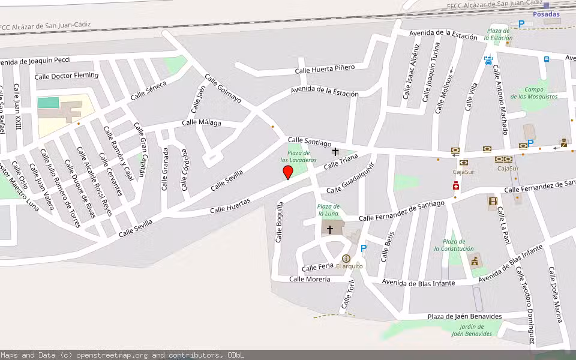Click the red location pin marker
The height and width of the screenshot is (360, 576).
288,173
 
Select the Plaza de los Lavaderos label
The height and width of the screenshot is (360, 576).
298,157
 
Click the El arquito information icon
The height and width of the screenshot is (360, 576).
346,259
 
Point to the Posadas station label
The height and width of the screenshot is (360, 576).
546,14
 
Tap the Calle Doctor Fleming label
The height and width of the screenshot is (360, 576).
67,76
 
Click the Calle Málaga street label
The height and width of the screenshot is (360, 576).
202,123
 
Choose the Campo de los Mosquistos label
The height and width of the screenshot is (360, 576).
534,93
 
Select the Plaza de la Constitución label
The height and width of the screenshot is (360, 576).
454,245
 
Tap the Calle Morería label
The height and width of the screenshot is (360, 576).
310,279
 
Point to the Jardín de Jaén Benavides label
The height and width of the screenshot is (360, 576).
472,330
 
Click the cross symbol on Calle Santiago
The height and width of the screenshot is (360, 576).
335,152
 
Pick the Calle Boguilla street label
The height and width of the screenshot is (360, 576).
280,222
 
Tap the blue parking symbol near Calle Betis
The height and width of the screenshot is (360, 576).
363,248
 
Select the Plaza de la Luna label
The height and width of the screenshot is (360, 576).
328,210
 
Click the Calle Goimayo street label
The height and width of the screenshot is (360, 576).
223,88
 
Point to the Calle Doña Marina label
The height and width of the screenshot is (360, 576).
556,294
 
